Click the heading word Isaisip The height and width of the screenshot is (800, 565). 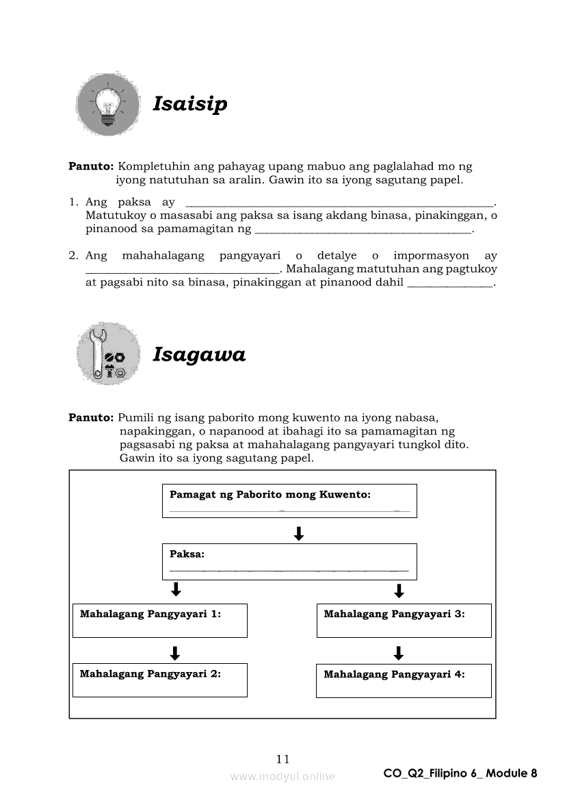189,105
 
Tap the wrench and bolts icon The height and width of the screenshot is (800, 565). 108,354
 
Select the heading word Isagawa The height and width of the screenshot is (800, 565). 198,354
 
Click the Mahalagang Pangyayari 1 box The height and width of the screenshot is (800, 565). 159,620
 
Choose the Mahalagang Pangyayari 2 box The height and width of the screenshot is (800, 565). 159,680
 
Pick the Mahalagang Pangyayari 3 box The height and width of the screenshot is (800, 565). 404,620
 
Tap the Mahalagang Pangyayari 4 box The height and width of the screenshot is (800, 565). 404,680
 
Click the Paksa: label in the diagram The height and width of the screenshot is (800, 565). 187,554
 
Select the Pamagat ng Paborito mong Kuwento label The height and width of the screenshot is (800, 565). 270,494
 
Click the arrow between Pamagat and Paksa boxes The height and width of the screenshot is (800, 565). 298,533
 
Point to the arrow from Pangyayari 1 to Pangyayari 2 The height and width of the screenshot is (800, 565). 175,653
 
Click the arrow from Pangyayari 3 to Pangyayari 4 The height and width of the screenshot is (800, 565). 399,653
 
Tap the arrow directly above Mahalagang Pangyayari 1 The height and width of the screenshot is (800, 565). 175,590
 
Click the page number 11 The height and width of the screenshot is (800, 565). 282,758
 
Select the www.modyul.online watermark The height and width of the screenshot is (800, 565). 282,776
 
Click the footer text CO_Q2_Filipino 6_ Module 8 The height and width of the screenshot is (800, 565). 460,773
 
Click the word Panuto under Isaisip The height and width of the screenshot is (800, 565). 91,166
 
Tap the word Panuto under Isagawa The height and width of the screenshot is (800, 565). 91,417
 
